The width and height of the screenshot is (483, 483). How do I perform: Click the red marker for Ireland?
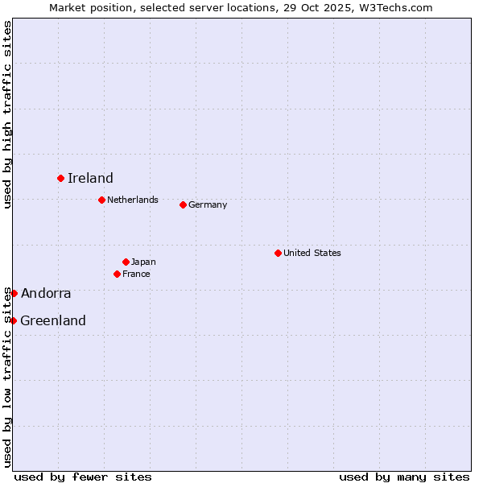[60, 178]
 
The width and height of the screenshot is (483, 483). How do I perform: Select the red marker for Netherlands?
[101, 200]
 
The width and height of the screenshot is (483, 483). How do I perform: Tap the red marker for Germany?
[183, 204]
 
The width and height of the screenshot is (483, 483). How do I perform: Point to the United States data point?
[278, 253]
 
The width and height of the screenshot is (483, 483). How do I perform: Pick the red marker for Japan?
[126, 262]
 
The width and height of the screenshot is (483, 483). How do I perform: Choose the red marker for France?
[117, 274]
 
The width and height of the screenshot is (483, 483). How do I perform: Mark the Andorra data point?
[14, 293]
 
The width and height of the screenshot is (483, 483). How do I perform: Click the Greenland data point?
[13, 320]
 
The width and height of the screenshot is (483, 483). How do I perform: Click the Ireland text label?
[90, 179]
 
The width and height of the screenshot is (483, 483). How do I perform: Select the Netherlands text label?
[133, 200]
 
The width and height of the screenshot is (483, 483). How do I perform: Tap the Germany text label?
[208, 204]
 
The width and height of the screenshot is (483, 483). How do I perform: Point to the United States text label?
[312, 253]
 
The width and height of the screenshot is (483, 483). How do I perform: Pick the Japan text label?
[143, 262]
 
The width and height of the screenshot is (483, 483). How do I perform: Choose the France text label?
[136, 274]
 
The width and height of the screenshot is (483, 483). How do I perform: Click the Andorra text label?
[46, 294]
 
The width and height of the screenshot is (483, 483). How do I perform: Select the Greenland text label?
[53, 321]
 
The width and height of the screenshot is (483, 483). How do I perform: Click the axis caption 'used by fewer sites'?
[83, 477]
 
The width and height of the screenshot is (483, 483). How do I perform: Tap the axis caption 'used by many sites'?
[404, 477]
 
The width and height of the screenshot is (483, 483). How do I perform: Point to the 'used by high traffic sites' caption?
[7, 115]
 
